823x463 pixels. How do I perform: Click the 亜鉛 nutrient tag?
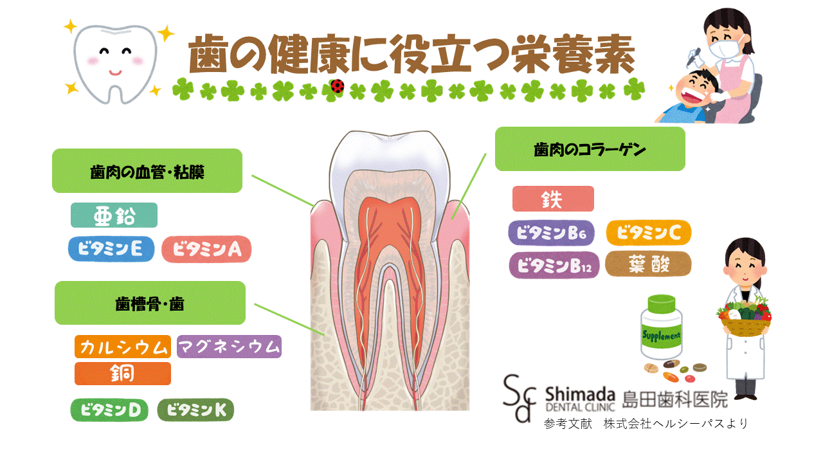coord(114,215)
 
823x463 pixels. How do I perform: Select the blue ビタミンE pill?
coord(111,249)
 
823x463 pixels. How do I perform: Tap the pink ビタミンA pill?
coord(206,250)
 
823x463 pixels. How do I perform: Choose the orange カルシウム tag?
coord(122,347)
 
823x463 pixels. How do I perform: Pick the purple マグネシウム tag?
coord(229,347)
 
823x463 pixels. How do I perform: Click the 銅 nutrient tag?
coord(122,374)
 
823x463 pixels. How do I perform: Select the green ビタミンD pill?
coord(109,410)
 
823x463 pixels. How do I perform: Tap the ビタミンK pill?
coord(195,410)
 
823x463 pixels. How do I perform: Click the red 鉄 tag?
coord(553,199)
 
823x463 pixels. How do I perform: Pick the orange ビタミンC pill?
coord(648,233)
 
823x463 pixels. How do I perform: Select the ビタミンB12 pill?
coord(554,265)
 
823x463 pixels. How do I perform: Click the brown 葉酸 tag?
coord(648,264)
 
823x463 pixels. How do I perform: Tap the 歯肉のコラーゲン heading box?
coord(590,149)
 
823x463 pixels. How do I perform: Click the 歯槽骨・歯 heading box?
coord(150,303)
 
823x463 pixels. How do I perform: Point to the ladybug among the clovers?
coord(338,86)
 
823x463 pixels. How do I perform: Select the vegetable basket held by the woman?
coord(744,320)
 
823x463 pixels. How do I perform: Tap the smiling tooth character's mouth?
coord(114,70)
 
